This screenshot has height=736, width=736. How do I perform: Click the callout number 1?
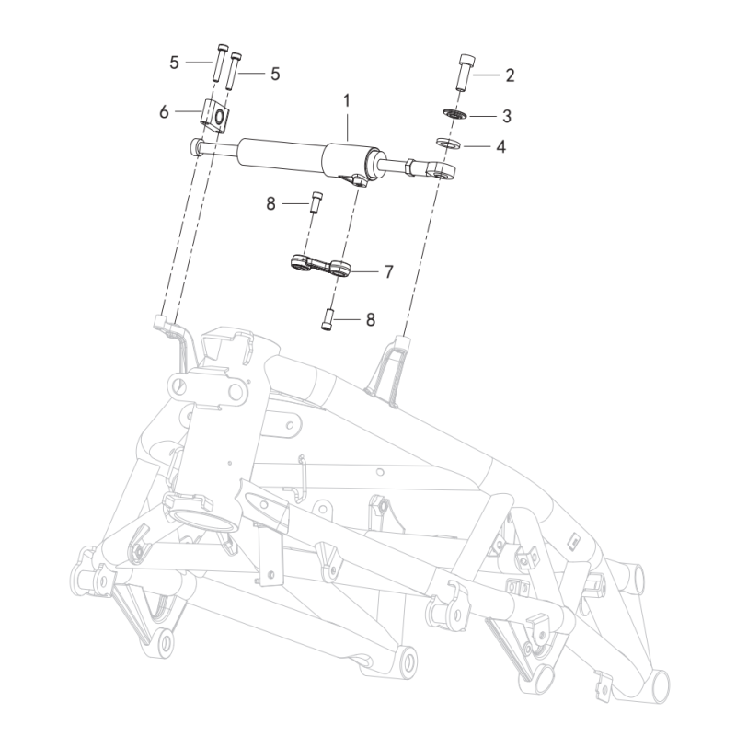coord(347,100)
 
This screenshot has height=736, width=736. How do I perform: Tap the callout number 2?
coord(510,75)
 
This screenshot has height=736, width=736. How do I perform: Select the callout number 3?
coord(507,116)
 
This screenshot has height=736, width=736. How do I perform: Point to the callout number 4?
coord(501,146)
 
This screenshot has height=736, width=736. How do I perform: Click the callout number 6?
coord(164,111)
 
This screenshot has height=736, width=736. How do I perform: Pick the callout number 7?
coord(388,271)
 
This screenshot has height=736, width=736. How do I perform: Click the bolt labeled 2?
coord(466,73)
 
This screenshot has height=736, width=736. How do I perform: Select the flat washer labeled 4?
coord(448,143)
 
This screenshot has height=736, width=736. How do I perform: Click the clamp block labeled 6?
coord(215,116)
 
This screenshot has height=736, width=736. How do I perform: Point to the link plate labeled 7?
coord(320,266)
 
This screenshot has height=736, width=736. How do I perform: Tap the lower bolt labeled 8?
coord(327,319)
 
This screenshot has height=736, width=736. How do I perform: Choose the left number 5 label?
coord(174,63)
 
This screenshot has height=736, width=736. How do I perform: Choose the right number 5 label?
coord(275,74)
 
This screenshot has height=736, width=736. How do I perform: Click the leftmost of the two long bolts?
coord(220,63)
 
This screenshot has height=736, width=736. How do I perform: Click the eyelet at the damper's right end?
coord(442,171)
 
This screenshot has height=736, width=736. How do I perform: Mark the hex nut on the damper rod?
coord(409,167)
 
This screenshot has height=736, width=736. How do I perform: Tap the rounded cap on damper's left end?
coord(195,146)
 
